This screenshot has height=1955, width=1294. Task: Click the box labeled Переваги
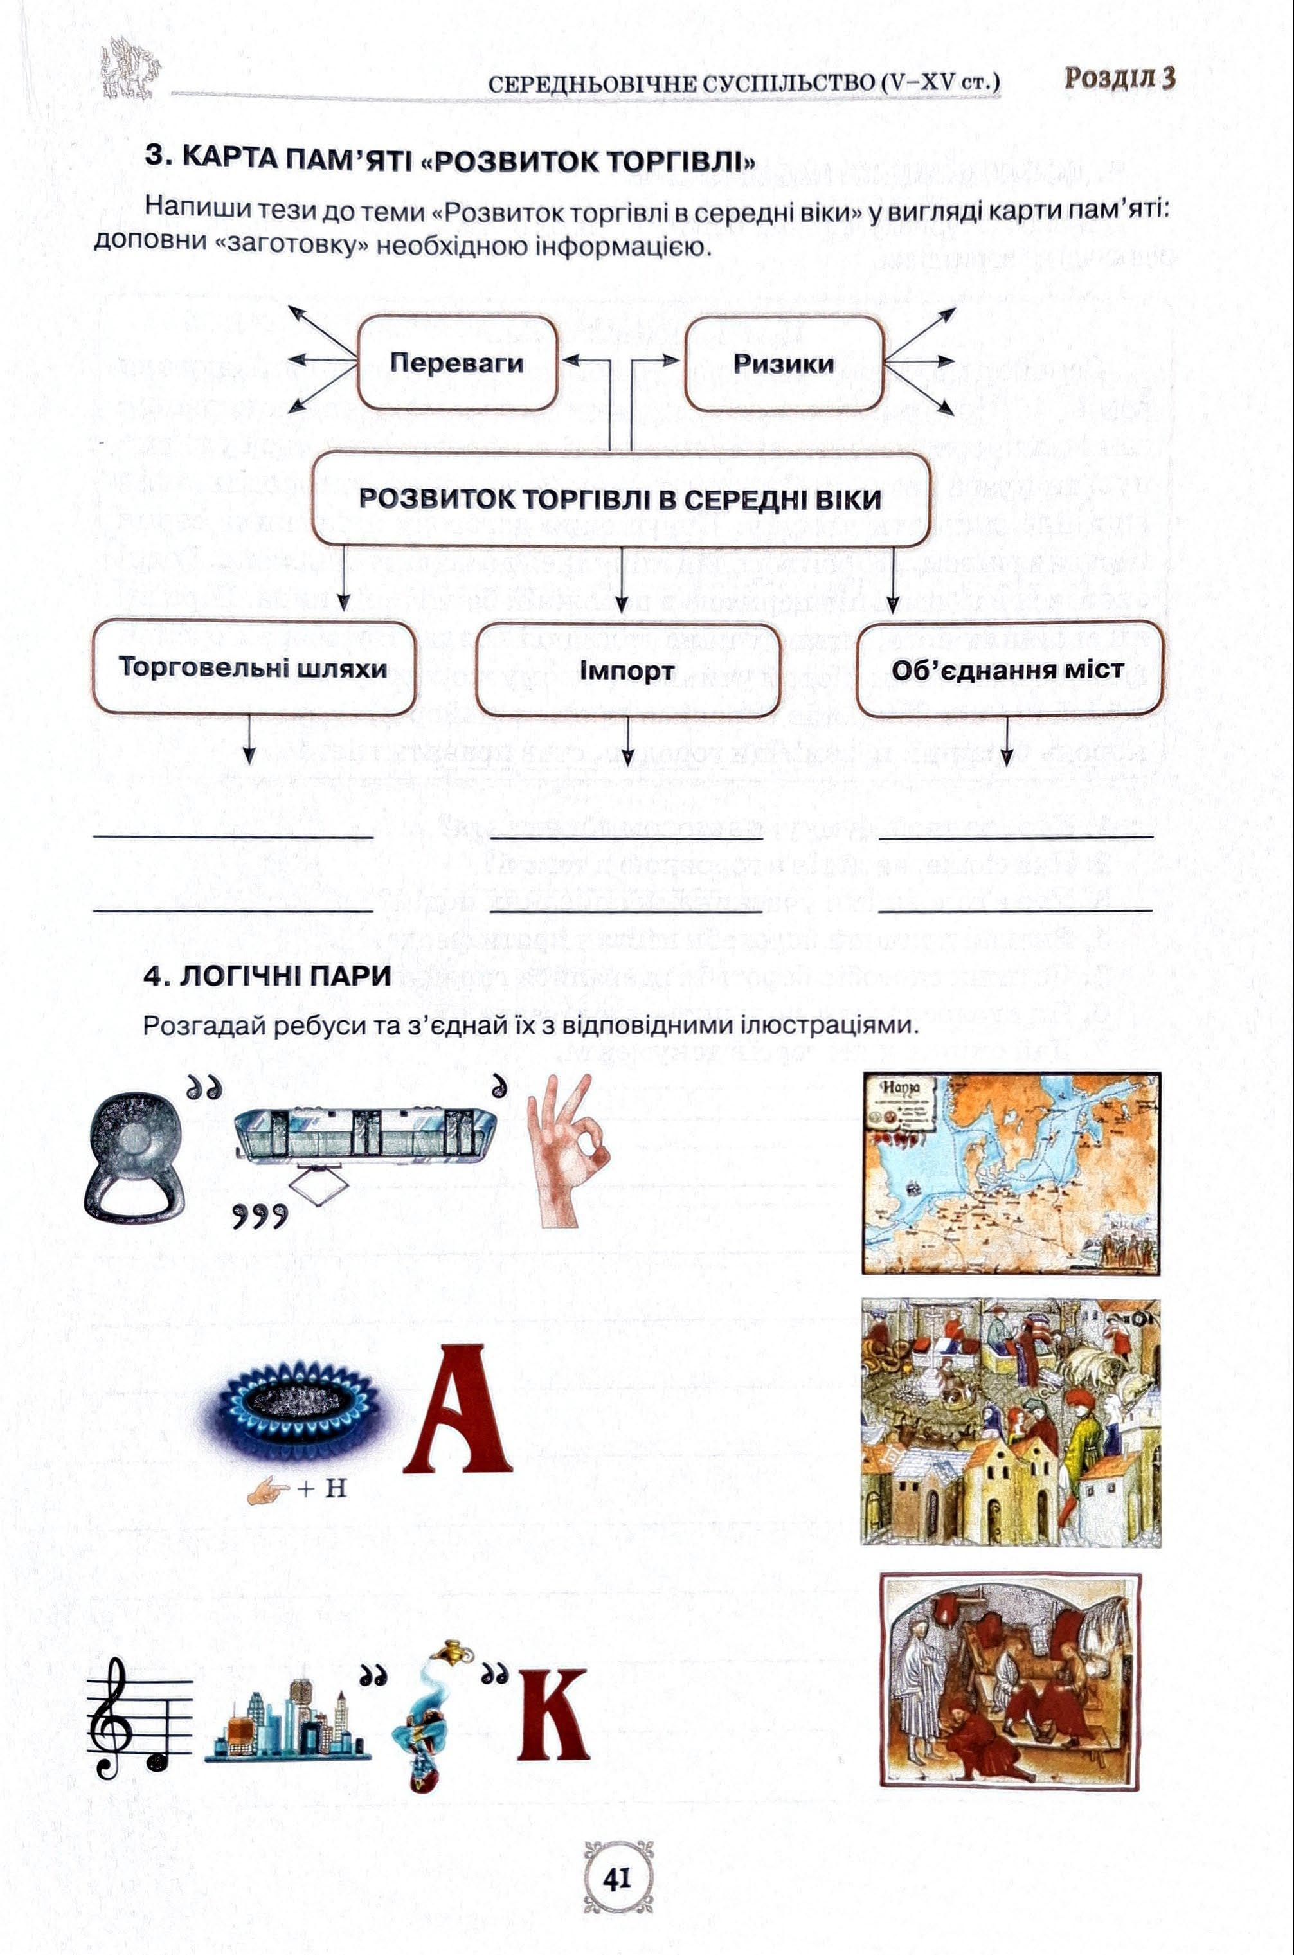(x=456, y=363)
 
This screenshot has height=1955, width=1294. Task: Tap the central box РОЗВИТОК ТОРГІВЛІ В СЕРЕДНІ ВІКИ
(x=620, y=500)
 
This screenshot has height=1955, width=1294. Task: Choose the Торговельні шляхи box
(x=253, y=667)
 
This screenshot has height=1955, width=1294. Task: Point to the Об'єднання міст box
(x=1007, y=669)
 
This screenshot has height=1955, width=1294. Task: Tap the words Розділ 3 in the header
(x=1119, y=78)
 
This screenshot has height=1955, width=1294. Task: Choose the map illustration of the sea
(x=1011, y=1173)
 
